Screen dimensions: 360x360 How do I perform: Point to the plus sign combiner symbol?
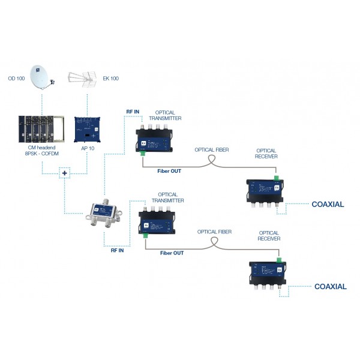point(65,174)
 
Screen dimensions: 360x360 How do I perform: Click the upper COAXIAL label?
point(328,205)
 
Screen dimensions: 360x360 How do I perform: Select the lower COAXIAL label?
point(331,287)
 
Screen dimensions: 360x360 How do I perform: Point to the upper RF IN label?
point(133,111)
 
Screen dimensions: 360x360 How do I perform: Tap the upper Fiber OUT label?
point(169,171)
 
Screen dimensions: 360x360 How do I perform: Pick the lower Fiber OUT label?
point(172,253)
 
